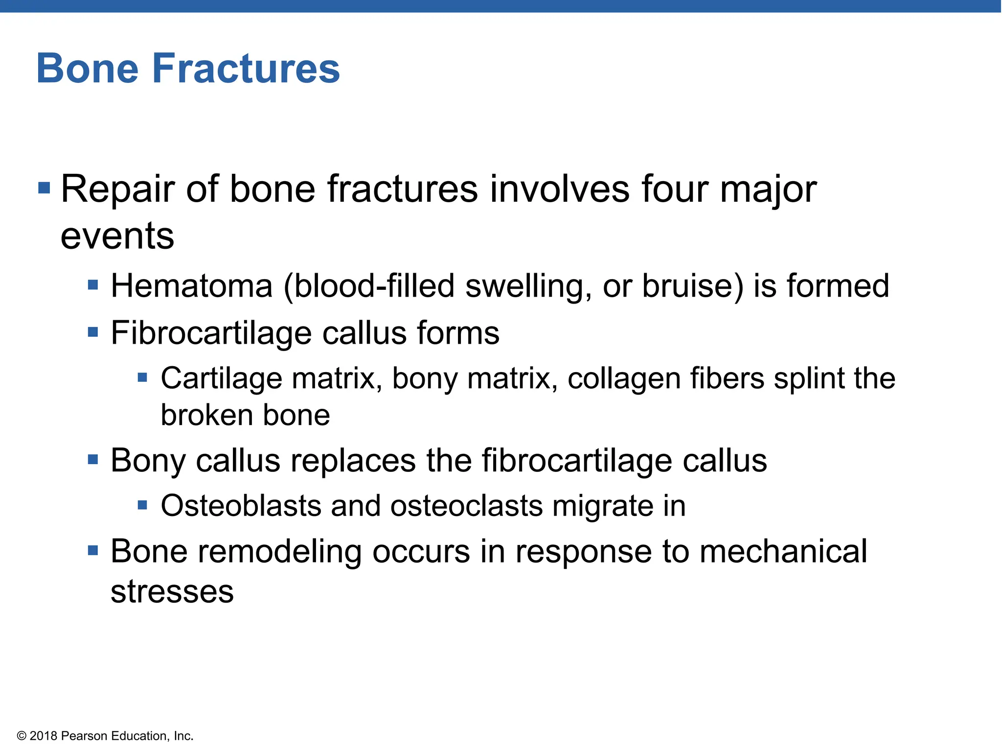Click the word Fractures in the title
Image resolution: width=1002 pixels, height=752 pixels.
click(x=246, y=69)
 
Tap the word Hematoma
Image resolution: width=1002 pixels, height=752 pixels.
click(x=191, y=286)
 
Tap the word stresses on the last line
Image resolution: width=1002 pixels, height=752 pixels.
click(x=172, y=591)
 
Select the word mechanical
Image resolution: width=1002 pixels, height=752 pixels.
click(x=783, y=552)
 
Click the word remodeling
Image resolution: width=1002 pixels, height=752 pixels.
click(x=280, y=552)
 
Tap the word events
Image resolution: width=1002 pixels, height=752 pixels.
click(x=117, y=236)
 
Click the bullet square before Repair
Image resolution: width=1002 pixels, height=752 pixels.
click(x=44, y=188)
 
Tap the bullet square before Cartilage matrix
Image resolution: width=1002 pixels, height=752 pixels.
click(x=142, y=377)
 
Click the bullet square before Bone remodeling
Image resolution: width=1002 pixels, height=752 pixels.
click(x=93, y=551)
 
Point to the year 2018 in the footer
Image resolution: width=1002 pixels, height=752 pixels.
click(x=44, y=736)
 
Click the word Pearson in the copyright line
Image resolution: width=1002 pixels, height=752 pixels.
click(x=85, y=736)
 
